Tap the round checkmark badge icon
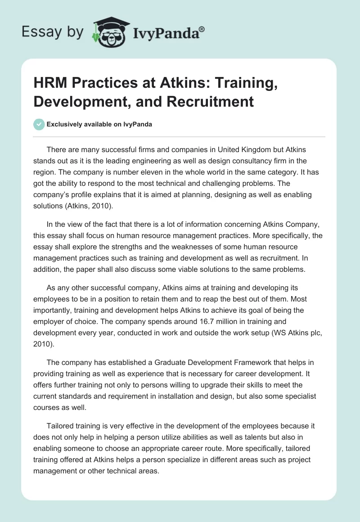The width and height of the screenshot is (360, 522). point(39,124)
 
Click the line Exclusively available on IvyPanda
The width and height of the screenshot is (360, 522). point(99,125)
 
